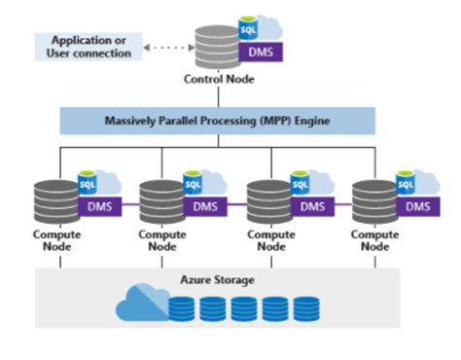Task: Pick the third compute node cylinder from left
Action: point(269,199)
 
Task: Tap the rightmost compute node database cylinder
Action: point(374,199)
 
